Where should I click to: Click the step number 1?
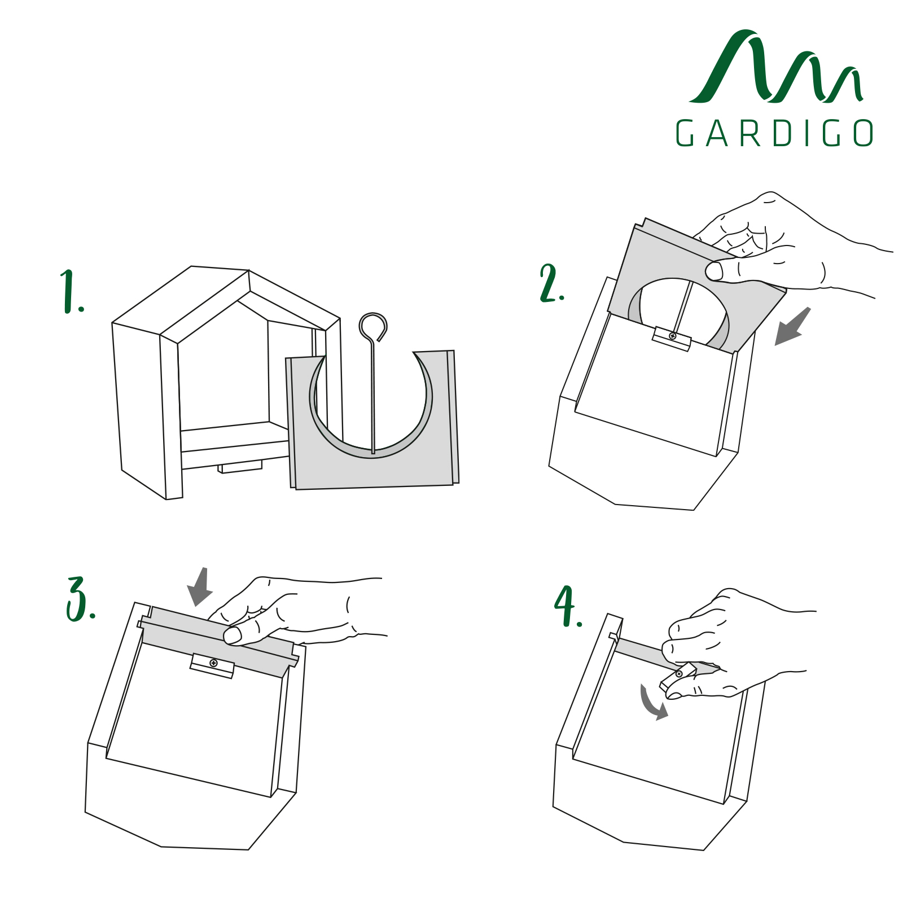[x=71, y=291]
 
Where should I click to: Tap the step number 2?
[x=551, y=283]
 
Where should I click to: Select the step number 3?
[x=80, y=599]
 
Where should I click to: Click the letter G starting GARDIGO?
[x=685, y=133]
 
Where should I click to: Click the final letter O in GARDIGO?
[x=863, y=133]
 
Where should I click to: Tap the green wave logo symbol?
[x=776, y=67]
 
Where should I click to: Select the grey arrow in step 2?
[x=792, y=326]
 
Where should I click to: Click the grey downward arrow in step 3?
[x=200, y=587]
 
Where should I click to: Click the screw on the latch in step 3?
[x=213, y=663]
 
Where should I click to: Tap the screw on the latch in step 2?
[x=672, y=336]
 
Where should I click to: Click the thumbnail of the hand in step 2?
[x=714, y=271]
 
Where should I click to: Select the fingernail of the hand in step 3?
[x=232, y=636]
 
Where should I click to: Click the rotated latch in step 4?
[x=678, y=677]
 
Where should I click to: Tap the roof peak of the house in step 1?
[x=248, y=271]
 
